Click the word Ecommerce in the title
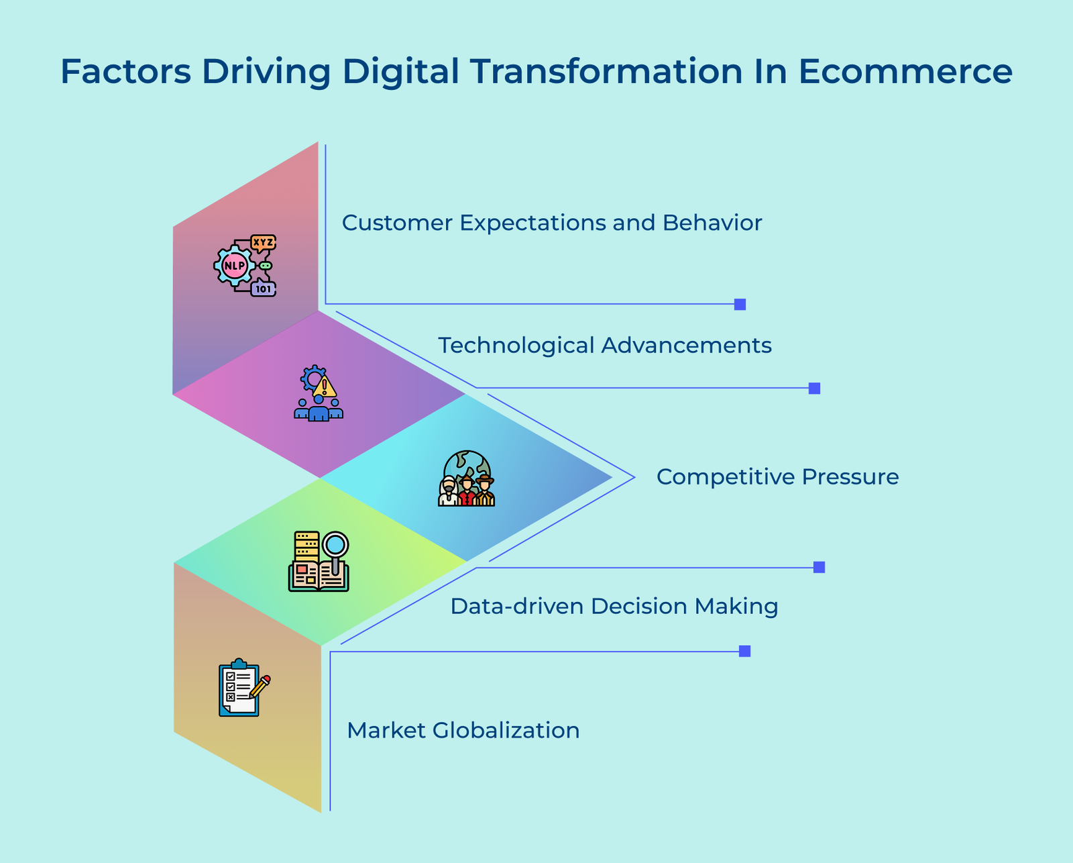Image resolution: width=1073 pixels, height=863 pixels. point(905,72)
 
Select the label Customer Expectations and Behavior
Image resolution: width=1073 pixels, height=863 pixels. point(551,223)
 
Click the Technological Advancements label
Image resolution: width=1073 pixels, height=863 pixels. point(604,346)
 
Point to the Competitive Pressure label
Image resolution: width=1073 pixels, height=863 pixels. point(777,477)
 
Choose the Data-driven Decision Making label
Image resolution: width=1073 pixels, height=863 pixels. point(614,607)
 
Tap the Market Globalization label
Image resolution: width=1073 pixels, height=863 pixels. point(463,730)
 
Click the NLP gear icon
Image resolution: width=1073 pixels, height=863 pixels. point(234,266)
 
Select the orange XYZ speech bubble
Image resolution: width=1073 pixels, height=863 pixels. point(263,242)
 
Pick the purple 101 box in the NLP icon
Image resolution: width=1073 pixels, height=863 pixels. point(264,289)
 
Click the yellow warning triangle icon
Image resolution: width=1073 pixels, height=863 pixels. point(325,387)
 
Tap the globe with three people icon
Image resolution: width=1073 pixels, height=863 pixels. point(467,478)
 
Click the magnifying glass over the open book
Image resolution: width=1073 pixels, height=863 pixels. point(335,546)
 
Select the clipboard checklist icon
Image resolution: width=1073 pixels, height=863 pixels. point(239,689)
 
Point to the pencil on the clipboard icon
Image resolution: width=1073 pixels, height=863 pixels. point(260,686)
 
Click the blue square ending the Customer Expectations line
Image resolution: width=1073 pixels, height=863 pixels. point(740,304)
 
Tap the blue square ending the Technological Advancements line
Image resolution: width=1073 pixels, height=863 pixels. point(814,388)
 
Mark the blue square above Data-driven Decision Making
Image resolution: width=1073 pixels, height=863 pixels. point(819,567)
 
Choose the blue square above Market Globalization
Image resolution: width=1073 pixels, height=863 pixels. point(744,651)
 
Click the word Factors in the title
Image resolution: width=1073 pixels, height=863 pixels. point(125,72)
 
